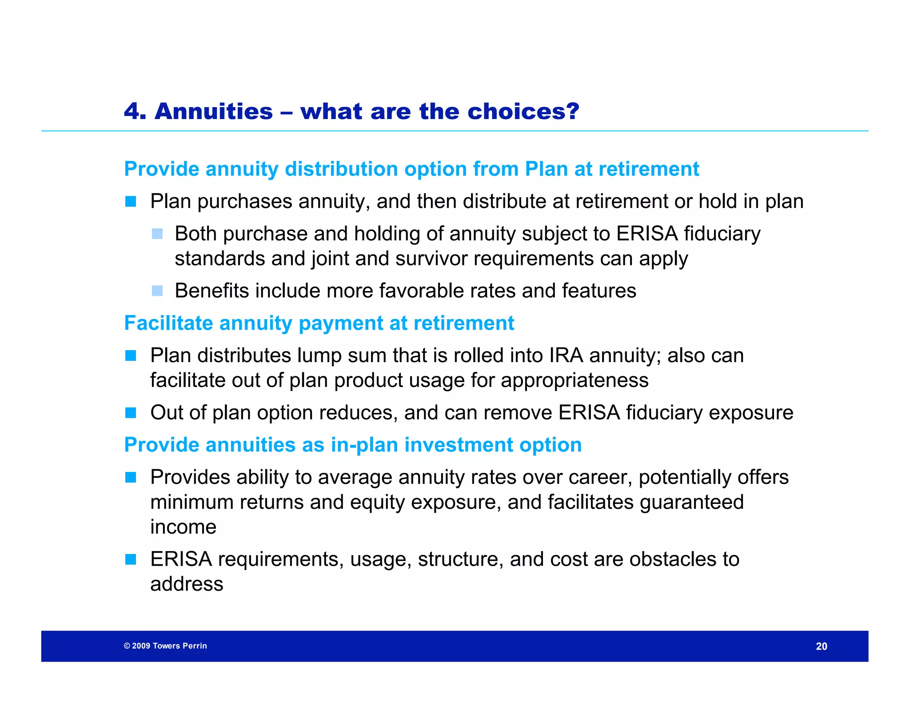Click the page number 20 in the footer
pos(821,646)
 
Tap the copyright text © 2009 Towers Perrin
pos(165,646)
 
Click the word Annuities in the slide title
pos(214,111)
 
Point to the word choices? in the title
pos(523,111)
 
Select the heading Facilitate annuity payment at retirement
pos(319,323)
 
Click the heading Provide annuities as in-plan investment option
pos(353,445)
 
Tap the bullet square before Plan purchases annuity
pos(131,202)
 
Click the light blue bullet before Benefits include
pos(157,291)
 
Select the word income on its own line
pos(183,527)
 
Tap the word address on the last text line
pos(187,584)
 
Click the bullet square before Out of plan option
pos(131,413)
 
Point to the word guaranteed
pos(691,502)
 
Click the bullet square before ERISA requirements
pos(131,559)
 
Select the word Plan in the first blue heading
pos(546,169)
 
